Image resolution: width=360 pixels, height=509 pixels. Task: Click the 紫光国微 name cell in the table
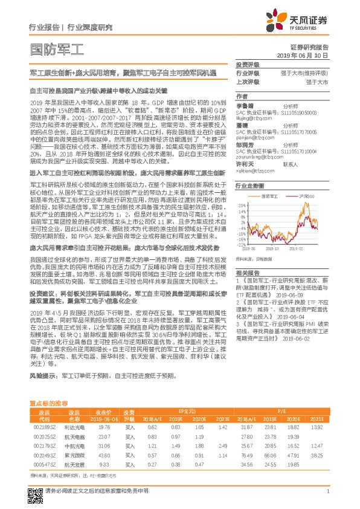point(74,455)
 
